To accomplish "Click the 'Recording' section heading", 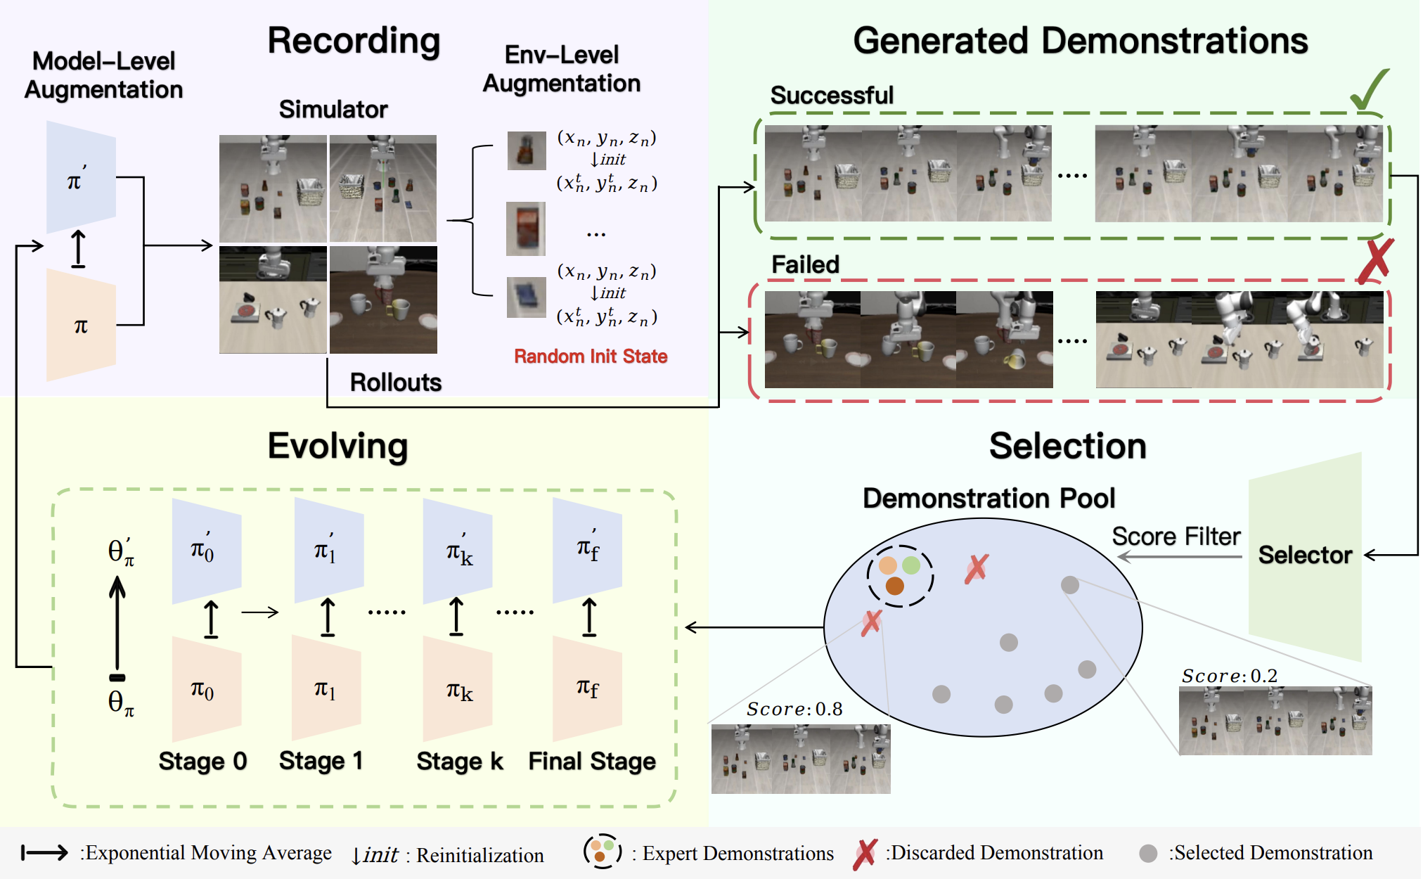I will [x=354, y=41].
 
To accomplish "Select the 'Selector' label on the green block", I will [x=1305, y=555].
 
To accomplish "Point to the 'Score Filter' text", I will [x=1176, y=537].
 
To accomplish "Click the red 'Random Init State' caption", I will [x=591, y=357].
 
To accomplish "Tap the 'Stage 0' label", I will [x=202, y=761].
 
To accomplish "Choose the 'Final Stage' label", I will [x=592, y=761].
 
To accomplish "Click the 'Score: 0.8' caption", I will [x=794, y=709].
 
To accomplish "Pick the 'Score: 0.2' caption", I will [x=1229, y=676].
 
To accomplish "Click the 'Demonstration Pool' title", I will [x=989, y=498].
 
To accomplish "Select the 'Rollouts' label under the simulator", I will [x=396, y=383].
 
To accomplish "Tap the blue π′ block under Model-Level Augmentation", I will [x=81, y=178].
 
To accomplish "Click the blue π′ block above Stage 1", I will [x=328, y=551].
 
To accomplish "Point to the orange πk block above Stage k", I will [x=458, y=689].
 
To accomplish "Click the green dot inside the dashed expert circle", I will [x=911, y=565].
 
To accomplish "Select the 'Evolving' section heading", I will [x=337, y=446].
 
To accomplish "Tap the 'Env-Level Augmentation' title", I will [x=561, y=69].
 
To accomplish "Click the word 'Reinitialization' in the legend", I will [x=480, y=855].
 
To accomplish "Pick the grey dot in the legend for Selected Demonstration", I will [x=1148, y=854].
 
